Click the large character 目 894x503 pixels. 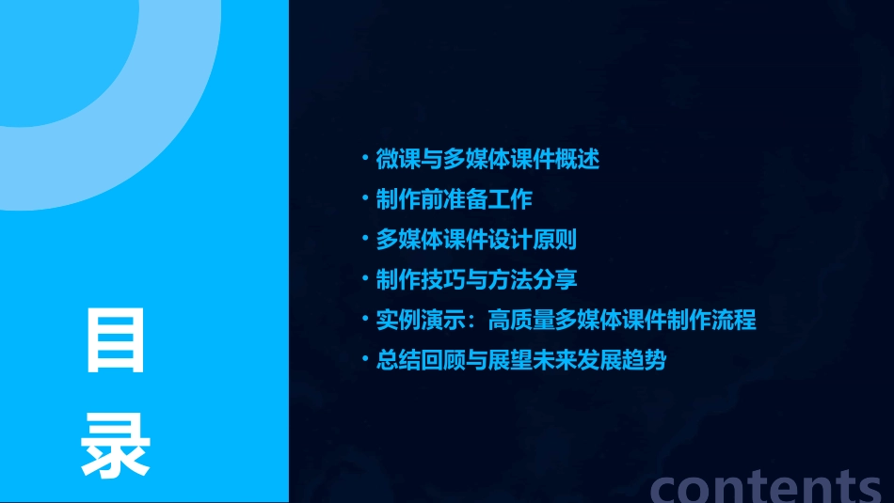pyautogui.click(x=116, y=339)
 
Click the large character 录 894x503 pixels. pyautogui.click(x=116, y=446)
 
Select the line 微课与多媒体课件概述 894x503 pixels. pyautogui.click(x=487, y=159)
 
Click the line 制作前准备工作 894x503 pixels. pyautogui.click(x=455, y=199)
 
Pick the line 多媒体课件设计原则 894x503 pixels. pyautogui.click(x=476, y=240)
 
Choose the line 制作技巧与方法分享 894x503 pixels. pyautogui.click(x=476, y=279)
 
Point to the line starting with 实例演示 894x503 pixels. pyautogui.click(x=566, y=320)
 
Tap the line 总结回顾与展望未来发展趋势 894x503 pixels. pyautogui.click(x=521, y=360)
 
